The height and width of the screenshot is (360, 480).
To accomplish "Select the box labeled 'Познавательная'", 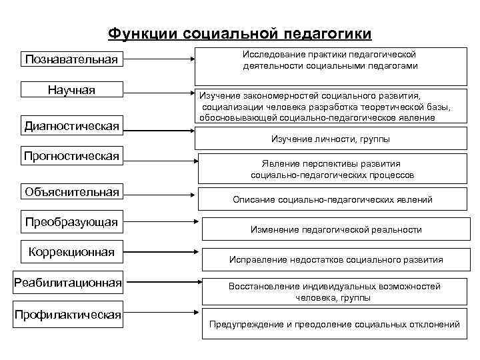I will coord(71,59).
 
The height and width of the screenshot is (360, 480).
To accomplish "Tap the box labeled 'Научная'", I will coord(71,90).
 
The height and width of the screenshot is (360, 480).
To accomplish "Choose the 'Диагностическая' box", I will coord(71,125).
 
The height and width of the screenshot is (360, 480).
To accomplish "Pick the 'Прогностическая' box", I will coord(71,156).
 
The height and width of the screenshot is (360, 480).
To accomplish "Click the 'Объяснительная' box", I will coord(71,193).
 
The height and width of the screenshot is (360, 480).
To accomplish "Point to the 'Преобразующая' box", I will coord(71,221).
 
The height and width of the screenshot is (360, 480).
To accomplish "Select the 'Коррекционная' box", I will coord(71,252).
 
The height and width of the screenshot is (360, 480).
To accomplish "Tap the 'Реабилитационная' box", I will coord(69,283).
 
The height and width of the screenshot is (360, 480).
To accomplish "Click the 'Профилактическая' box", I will coord(69,314).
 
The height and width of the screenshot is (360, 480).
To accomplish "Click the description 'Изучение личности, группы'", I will coord(330,139).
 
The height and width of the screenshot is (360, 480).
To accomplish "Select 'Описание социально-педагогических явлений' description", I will coord(332,199).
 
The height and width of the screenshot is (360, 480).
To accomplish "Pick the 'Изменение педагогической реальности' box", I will coord(335,229).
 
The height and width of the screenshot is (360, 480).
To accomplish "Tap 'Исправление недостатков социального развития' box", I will coord(335,259).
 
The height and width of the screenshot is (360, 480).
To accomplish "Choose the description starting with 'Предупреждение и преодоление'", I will coord(334,325).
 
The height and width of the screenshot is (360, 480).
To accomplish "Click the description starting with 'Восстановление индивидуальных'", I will coord(334,292).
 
